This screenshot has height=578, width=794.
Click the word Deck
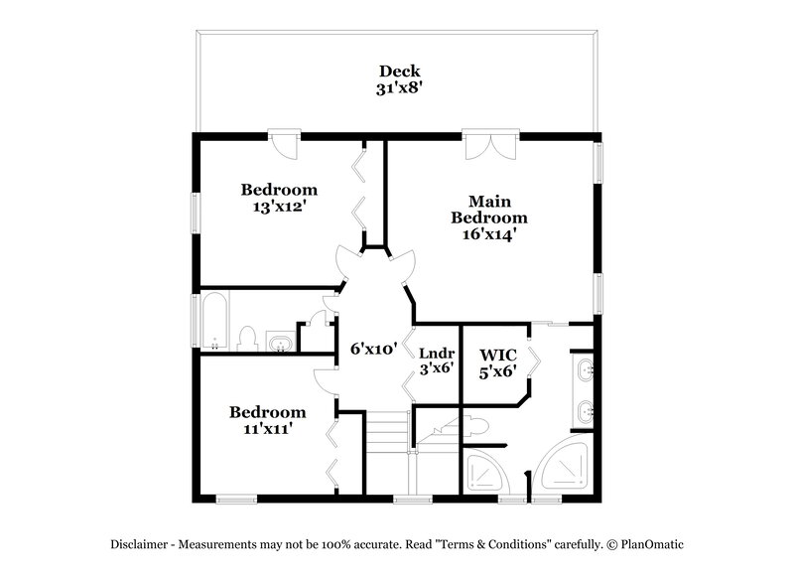tap(399, 72)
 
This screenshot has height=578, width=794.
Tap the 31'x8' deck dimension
tap(399, 87)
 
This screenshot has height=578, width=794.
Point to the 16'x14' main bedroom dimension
tap(488, 235)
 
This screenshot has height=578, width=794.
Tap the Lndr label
tap(436, 353)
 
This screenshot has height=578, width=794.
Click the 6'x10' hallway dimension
tap(374, 349)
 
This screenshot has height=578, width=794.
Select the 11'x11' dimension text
tap(267, 429)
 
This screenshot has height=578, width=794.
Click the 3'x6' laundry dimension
tap(436, 367)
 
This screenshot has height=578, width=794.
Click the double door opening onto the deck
tap(489, 144)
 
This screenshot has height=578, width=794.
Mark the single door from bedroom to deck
tap(285, 145)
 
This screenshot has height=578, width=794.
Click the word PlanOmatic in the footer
tap(651, 544)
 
